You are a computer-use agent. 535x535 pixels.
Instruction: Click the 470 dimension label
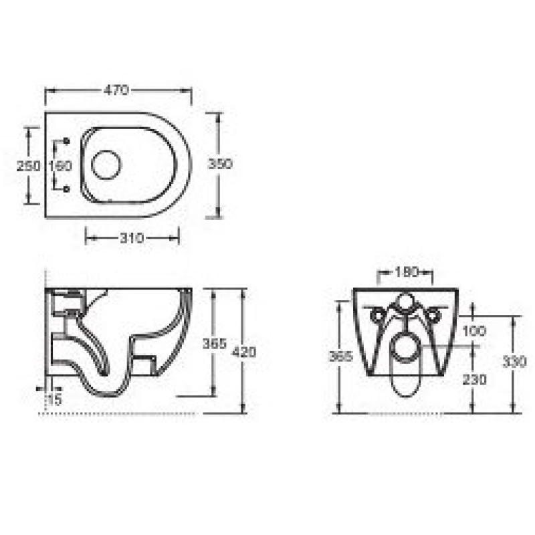116,90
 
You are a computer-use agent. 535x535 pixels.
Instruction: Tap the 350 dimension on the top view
220,164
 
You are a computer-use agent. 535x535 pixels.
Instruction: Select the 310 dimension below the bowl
132,238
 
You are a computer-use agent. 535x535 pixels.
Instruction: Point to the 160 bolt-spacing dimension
60,166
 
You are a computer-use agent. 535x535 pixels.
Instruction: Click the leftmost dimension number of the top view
28,166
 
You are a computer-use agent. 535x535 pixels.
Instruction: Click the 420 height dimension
243,352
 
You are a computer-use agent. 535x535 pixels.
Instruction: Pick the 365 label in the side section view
215,344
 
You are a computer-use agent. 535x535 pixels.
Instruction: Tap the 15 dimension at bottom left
54,399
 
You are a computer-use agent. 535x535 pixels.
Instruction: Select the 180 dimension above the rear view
407,272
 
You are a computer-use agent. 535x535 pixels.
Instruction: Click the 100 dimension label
474,330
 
